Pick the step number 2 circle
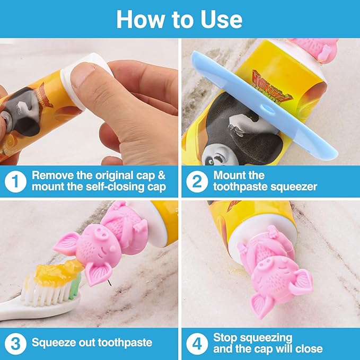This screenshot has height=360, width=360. [x=196, y=181]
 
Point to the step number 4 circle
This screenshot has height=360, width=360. [x=196, y=343]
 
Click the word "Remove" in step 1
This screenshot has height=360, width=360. [x=51, y=175]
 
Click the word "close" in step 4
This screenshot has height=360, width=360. [x=309, y=349]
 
